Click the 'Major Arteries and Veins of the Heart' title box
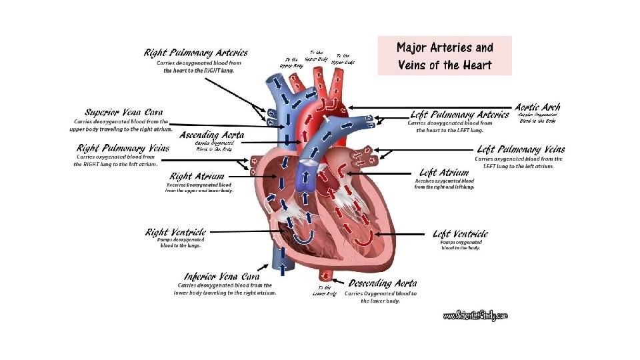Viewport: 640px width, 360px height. [x=445, y=55]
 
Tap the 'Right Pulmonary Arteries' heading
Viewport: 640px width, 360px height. [x=196, y=53]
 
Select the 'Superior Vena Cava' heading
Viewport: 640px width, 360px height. [x=123, y=112]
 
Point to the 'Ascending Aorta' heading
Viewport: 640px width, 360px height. [x=212, y=134]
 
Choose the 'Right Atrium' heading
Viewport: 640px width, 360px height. [x=197, y=176]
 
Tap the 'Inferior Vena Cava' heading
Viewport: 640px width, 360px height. [x=222, y=276]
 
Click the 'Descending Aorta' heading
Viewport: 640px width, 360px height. [x=383, y=283]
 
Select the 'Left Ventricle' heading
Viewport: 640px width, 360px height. [x=460, y=233]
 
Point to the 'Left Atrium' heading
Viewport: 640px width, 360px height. [x=444, y=173]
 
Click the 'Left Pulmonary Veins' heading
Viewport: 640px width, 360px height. [x=521, y=149]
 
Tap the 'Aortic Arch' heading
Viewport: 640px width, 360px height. [x=537, y=107]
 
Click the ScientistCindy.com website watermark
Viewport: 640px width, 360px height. [x=475, y=315]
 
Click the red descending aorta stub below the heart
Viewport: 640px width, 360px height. [x=326, y=274]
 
